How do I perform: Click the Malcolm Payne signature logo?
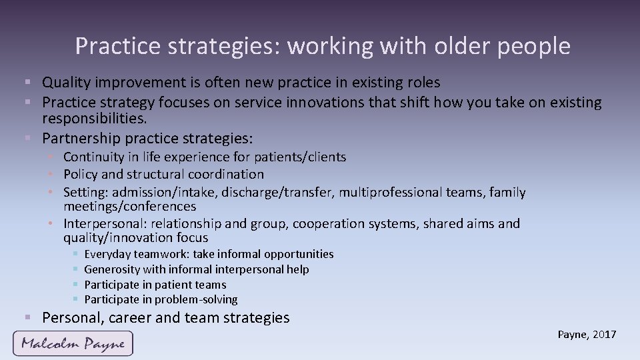tap(73, 343)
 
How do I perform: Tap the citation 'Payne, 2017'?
tap(587, 335)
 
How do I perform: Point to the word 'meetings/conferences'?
tap(129, 207)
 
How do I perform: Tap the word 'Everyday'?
tap(107, 254)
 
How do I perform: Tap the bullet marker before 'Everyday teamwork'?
tap(76, 254)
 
